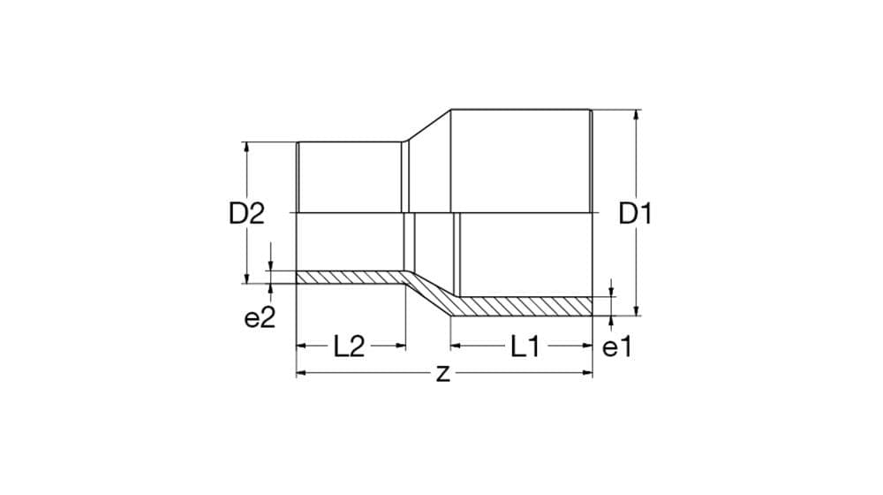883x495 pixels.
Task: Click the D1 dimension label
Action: pyautogui.click(x=635, y=214)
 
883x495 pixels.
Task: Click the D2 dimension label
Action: pyautogui.click(x=246, y=214)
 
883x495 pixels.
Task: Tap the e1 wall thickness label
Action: pyautogui.click(x=618, y=347)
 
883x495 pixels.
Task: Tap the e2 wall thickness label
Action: pyautogui.click(x=260, y=318)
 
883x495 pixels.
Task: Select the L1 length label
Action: pyautogui.click(x=525, y=346)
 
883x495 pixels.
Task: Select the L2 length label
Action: pyautogui.click(x=349, y=346)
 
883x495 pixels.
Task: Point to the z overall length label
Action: pyautogui.click(x=443, y=373)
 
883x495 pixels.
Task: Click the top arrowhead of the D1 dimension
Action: pyautogui.click(x=637, y=114)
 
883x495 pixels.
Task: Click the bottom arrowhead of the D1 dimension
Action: pyautogui.click(x=637, y=311)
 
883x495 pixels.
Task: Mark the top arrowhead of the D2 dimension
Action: pyautogui.click(x=246, y=147)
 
